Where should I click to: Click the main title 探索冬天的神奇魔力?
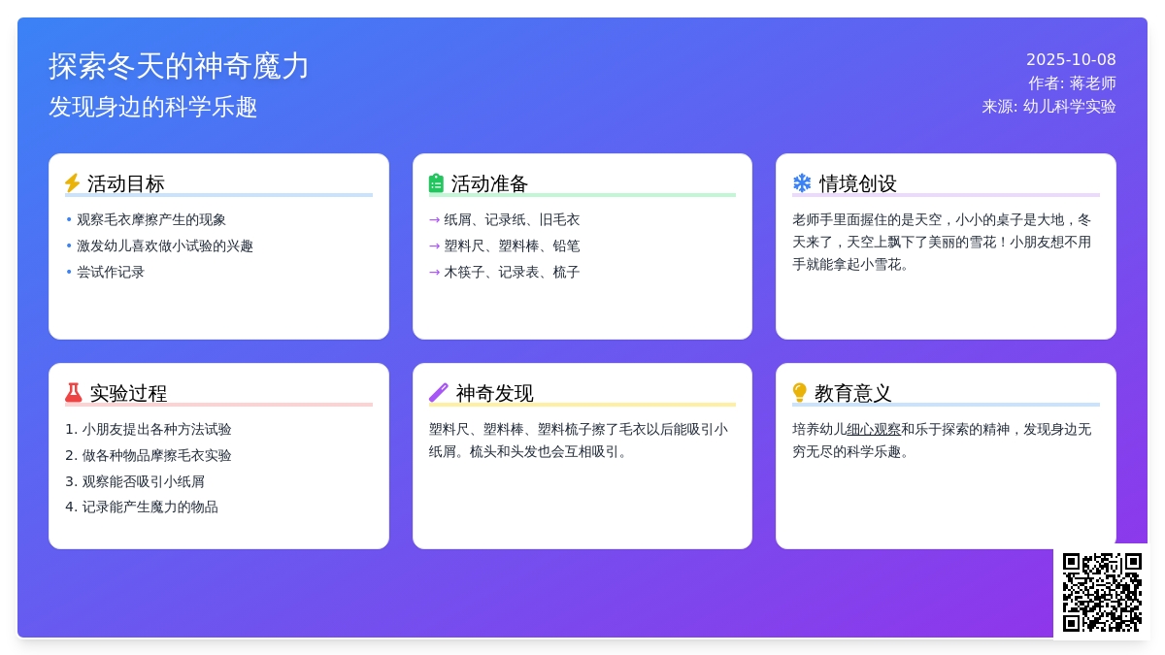pyautogui.click(x=179, y=66)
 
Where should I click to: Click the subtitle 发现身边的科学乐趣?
pyautogui.click(x=153, y=107)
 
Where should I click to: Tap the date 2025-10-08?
pyautogui.click(x=1071, y=59)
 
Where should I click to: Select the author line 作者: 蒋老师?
pyautogui.click(x=1072, y=83)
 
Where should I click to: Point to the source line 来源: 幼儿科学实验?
pyautogui.click(x=1048, y=107)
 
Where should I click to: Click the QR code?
pyautogui.click(x=1102, y=592)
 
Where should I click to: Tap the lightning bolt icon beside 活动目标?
pyautogui.click(x=73, y=183)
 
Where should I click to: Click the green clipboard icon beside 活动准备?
pyautogui.click(x=437, y=183)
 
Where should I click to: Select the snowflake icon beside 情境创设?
pyautogui.click(x=802, y=183)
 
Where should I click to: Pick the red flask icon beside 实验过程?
pyautogui.click(x=74, y=393)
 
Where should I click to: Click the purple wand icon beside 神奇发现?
pyautogui.click(x=439, y=393)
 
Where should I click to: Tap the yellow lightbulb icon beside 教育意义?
pyautogui.click(x=800, y=393)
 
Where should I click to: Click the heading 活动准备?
pyautogui.click(x=489, y=183)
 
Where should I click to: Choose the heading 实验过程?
pyautogui.click(x=128, y=393)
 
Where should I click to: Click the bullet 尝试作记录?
pyautogui.click(x=111, y=273)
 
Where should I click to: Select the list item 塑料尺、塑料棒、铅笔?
pyautogui.click(x=512, y=246)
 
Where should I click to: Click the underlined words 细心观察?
pyautogui.click(x=874, y=429)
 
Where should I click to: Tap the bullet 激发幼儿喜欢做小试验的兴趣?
pyautogui.click(x=165, y=246)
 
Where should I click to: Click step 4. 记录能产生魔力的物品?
pyautogui.click(x=142, y=507)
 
